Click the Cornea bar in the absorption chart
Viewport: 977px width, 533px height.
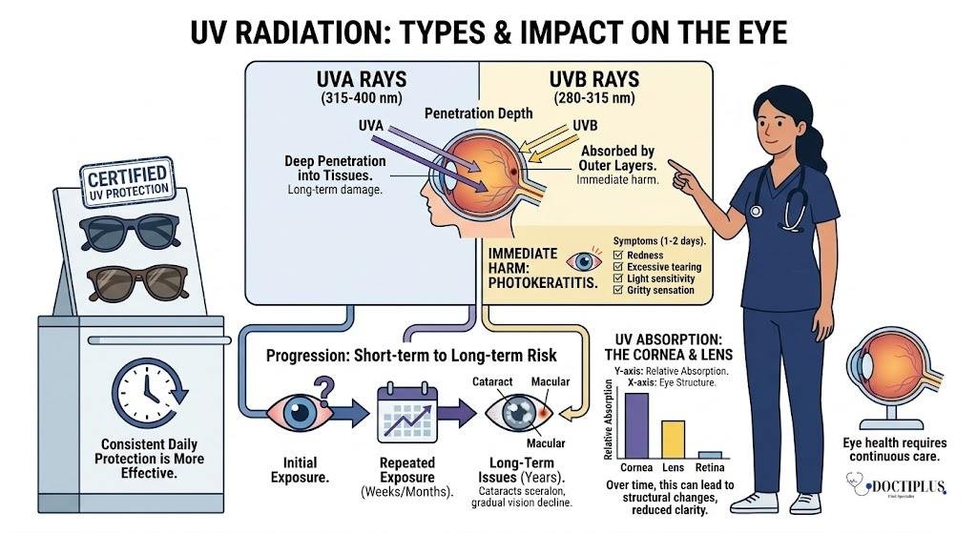tap(636, 425)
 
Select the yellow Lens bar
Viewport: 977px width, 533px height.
tap(674, 439)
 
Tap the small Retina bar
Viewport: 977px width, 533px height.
tap(710, 455)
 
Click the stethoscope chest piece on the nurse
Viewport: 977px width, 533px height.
tap(756, 211)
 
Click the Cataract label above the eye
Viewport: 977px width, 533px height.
tap(493, 381)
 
